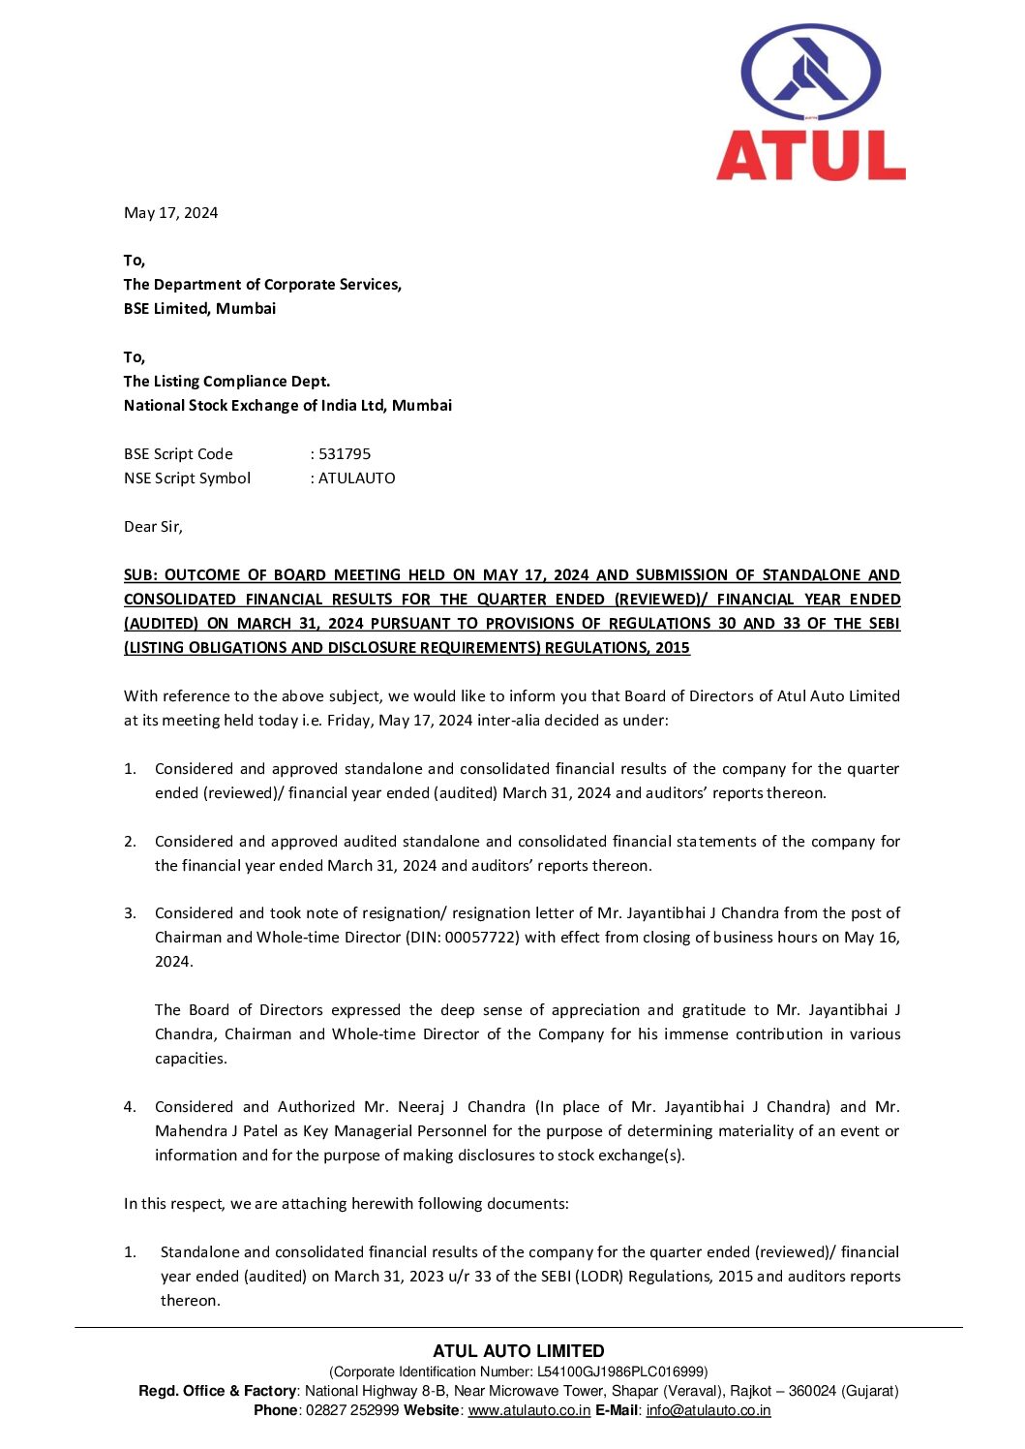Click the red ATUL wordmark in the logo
click(x=811, y=156)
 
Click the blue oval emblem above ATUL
click(x=811, y=73)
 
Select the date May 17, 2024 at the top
click(x=170, y=213)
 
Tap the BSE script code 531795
click(x=345, y=454)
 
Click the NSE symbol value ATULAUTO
click(x=356, y=478)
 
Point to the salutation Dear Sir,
click(x=153, y=527)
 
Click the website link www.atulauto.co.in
click(x=529, y=1410)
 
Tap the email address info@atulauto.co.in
click(x=708, y=1410)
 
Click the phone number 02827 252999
click(x=352, y=1410)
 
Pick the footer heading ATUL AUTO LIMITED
click(x=519, y=1351)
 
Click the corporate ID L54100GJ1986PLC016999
click(x=620, y=1372)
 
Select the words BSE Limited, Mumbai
click(x=199, y=309)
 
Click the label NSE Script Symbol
click(x=187, y=478)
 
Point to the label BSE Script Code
click(x=178, y=454)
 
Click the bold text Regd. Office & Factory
click(x=217, y=1391)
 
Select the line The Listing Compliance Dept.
click(x=226, y=382)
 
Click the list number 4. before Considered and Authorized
click(x=130, y=1107)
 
